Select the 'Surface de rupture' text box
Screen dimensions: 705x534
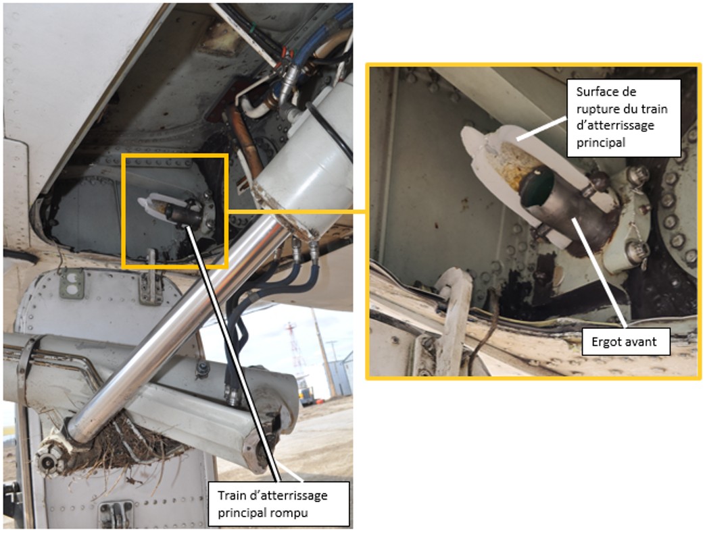(x=623, y=118)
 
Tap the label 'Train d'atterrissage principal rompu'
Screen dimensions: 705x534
(x=278, y=504)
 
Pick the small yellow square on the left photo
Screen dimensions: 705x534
(x=175, y=211)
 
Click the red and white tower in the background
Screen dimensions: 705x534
(x=294, y=355)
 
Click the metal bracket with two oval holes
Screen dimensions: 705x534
(x=72, y=285)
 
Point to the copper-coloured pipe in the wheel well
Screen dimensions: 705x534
(x=247, y=144)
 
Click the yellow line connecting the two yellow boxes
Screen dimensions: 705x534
(x=297, y=211)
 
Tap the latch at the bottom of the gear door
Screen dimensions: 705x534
(x=116, y=514)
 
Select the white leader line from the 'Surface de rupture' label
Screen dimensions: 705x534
(x=541, y=129)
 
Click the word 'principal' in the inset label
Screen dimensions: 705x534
(x=601, y=143)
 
